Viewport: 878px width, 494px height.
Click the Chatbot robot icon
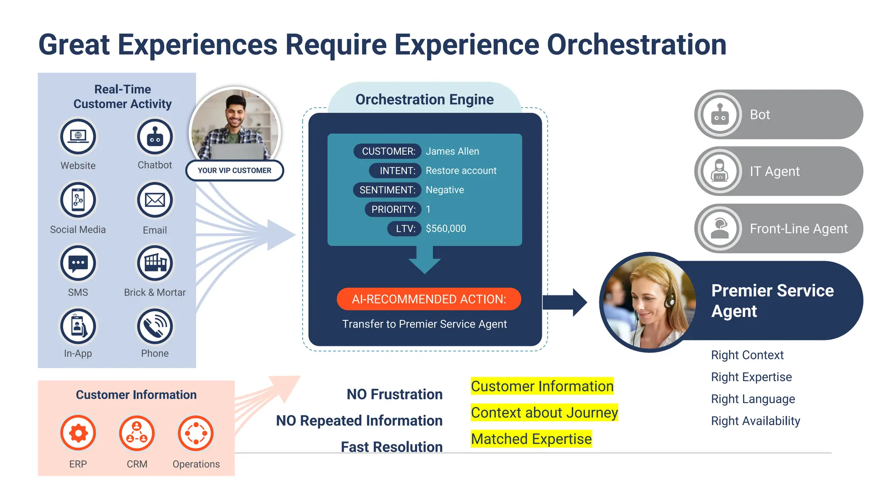click(155, 137)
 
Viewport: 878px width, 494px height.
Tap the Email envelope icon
click(155, 200)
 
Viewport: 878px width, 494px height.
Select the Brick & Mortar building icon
click(155, 263)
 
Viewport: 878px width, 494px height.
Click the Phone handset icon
click(155, 326)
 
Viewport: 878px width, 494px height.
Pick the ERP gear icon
click(78, 433)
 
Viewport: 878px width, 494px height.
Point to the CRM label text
click(137, 464)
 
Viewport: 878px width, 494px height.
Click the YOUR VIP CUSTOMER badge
click(235, 170)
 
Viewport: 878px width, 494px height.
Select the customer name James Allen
click(452, 151)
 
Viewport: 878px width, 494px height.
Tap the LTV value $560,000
click(445, 229)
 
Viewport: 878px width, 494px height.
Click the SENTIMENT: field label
click(387, 190)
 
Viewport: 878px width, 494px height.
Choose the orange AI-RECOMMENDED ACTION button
click(429, 299)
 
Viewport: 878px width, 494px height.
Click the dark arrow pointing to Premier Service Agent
click(564, 302)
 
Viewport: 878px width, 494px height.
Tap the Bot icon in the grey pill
click(720, 115)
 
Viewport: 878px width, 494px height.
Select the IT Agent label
click(774, 172)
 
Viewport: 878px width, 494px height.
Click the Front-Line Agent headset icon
click(720, 228)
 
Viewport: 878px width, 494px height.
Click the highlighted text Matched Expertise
click(531, 439)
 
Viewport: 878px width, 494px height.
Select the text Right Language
click(753, 399)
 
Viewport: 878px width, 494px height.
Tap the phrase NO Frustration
click(394, 394)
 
